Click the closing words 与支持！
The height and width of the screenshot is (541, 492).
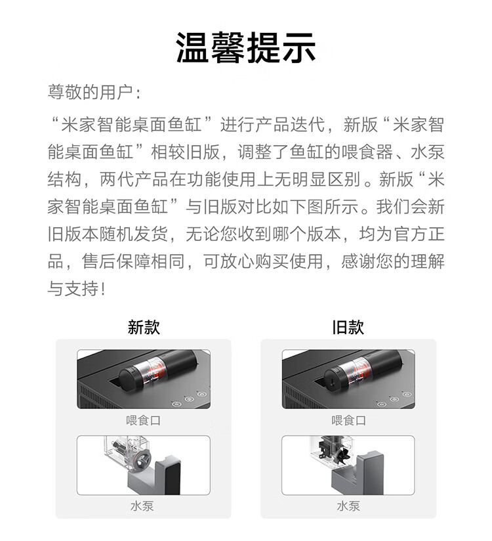point(77,289)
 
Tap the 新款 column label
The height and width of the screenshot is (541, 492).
point(144,326)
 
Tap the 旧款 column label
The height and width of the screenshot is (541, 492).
point(348,326)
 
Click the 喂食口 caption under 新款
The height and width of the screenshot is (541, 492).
point(144,420)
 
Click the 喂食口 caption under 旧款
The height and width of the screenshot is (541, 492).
point(348,420)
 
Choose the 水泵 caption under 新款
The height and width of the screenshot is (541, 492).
point(144,506)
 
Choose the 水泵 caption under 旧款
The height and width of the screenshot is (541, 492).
point(348,506)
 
